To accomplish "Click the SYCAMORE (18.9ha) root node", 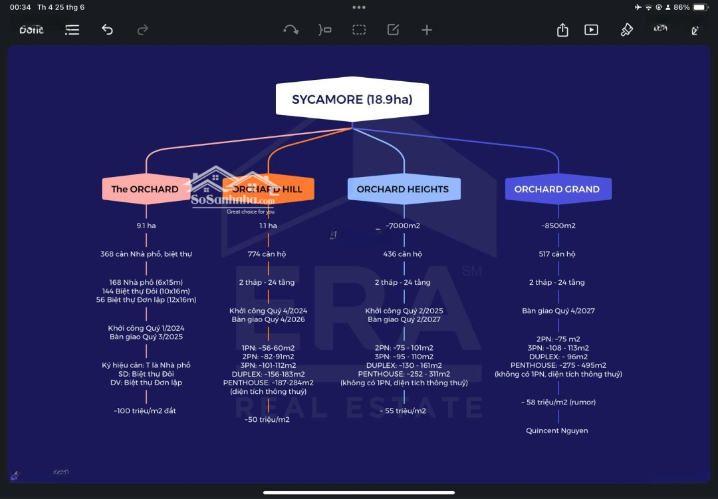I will coord(352,100).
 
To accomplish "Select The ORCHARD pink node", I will coord(145,189).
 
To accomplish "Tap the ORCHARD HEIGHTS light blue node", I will coord(403,189).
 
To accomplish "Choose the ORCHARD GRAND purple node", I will coord(557,189).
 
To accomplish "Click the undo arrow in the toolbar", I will coord(107,30).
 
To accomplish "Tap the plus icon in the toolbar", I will coord(427,30).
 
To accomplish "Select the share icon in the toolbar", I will coord(562,30).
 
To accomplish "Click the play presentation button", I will coord(591,30).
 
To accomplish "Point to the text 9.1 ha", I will coord(146,226).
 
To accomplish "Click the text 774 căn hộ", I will coord(268,254).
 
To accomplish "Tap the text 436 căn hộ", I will coord(403,254).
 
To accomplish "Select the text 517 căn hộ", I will coord(557,254).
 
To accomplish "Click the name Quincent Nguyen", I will coord(557,430).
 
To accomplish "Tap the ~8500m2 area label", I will coord(558,226).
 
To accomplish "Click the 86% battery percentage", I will coord(681,7).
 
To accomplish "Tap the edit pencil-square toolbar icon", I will coord(393,30).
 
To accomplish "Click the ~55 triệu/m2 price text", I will coord(403,411).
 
